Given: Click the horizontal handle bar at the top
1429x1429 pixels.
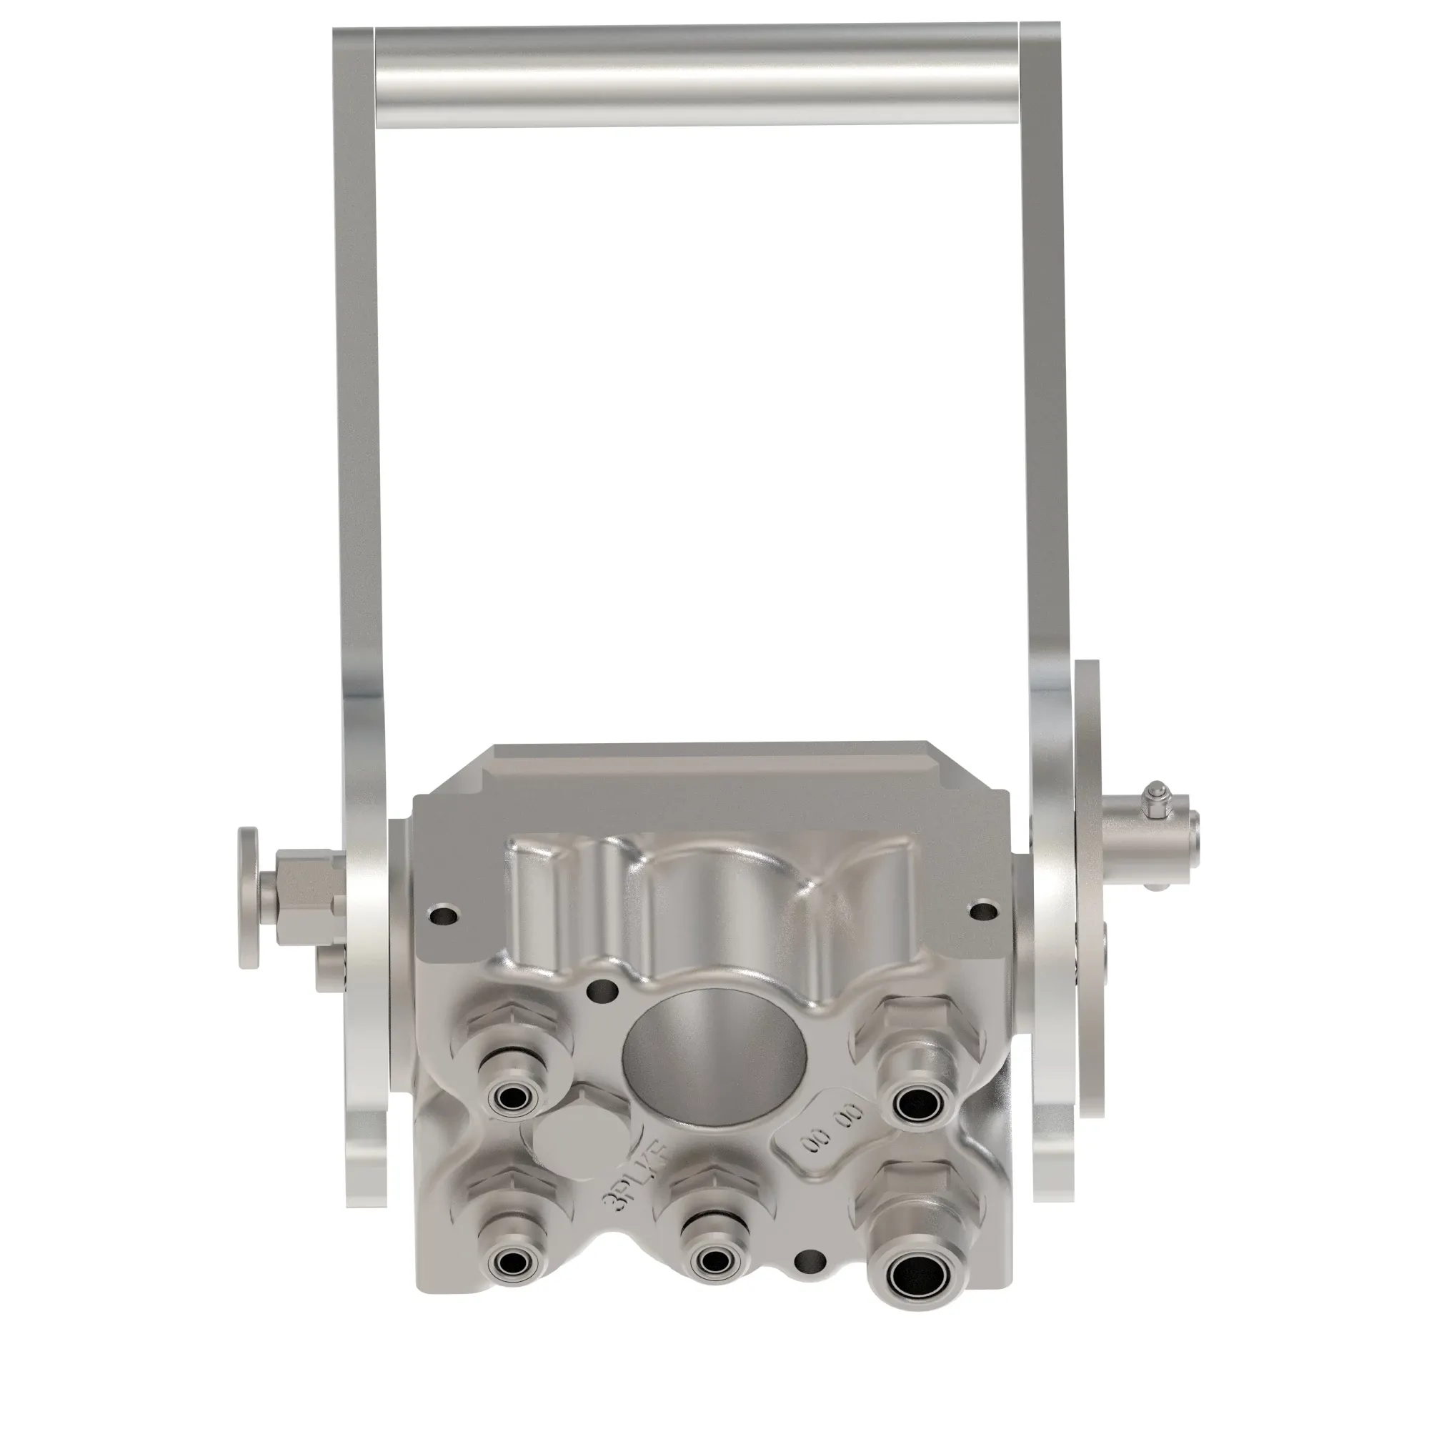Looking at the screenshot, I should pyautogui.click(x=695, y=76).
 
